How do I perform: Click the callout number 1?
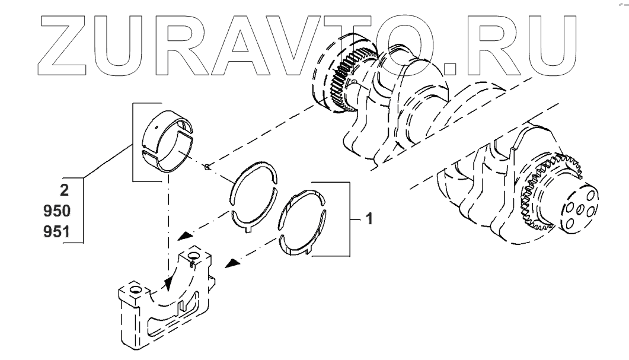(x=368, y=219)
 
